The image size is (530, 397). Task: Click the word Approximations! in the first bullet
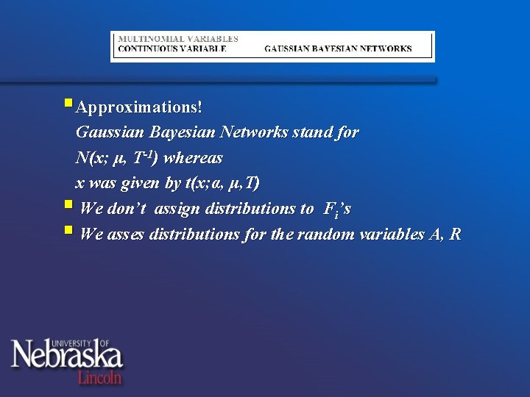click(x=139, y=107)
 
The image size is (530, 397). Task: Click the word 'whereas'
click(x=193, y=158)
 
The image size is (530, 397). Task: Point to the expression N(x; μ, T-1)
click(x=117, y=158)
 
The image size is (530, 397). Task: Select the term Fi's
click(x=337, y=210)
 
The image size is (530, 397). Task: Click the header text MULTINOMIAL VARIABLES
click(x=178, y=38)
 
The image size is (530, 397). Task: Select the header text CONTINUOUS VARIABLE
click(x=172, y=49)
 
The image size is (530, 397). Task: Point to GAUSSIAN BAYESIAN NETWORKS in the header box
click(x=338, y=49)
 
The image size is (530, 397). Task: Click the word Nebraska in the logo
click(x=66, y=357)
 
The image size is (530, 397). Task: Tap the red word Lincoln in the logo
click(x=100, y=377)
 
